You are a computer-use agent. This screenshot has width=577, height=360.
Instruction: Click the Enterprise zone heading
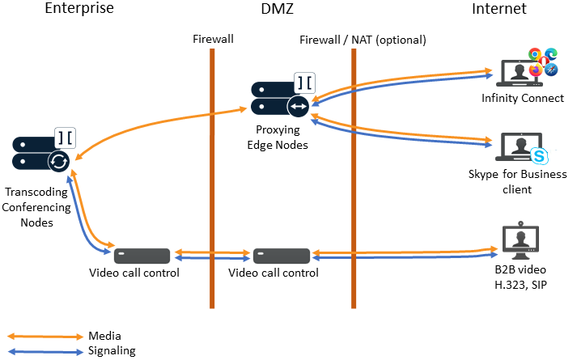tap(79, 10)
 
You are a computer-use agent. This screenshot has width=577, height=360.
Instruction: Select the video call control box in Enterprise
tap(142, 256)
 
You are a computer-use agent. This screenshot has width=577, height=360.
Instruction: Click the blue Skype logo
tap(539, 155)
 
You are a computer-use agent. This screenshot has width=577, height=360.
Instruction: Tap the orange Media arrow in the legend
tap(44, 336)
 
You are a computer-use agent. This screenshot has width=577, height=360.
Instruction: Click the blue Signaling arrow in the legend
tap(44, 351)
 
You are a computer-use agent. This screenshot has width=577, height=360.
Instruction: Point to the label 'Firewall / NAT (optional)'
tap(363, 39)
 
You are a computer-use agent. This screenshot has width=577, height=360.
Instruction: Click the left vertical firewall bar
tap(212, 178)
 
